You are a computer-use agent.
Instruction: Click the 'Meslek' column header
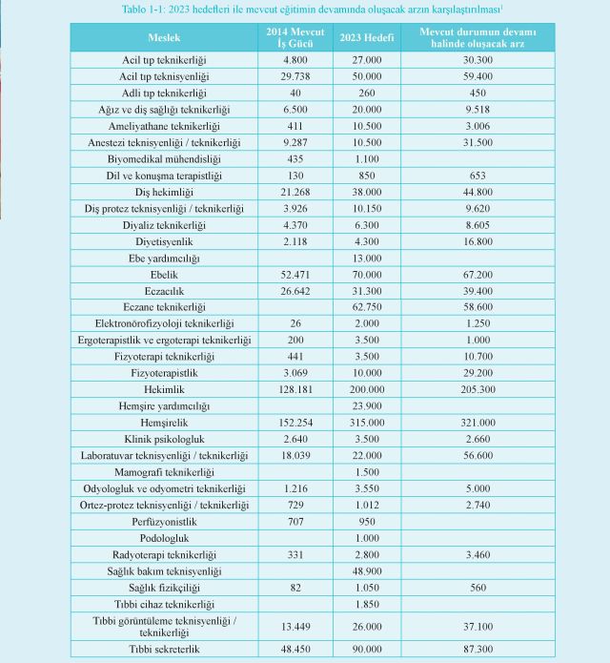click(164, 37)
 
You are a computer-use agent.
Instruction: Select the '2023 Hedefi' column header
click(367, 37)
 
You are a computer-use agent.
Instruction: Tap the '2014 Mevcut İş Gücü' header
click(295, 37)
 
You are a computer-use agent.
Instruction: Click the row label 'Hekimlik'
click(164, 389)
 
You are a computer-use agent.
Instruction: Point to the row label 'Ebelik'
click(164, 275)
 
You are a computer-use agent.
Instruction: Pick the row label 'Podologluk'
click(164, 538)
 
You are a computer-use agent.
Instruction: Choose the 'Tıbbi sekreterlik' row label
click(164, 649)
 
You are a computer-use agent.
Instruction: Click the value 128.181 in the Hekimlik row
click(295, 389)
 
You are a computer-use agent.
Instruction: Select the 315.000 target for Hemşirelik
click(367, 423)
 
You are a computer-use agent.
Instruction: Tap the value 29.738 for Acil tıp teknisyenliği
click(295, 76)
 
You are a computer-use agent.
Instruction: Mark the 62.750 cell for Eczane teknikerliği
click(367, 307)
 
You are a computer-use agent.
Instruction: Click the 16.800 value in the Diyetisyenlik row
click(478, 242)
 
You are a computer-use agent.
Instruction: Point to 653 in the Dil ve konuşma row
click(478, 176)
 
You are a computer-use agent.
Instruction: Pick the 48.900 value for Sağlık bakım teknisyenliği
click(367, 571)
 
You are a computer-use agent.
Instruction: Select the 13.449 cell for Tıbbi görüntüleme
click(295, 627)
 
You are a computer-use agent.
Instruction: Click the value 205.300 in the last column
click(478, 389)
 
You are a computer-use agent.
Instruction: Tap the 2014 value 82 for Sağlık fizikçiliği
click(295, 588)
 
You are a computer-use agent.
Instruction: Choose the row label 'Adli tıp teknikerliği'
click(164, 93)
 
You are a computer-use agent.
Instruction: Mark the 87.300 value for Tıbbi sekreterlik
click(478, 649)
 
